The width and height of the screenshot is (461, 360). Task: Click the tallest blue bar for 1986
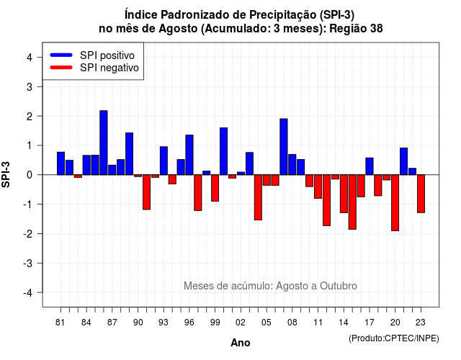pyautogui.click(x=104, y=143)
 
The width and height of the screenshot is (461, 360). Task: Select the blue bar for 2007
pyautogui.click(x=284, y=147)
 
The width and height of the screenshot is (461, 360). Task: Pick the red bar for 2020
pyautogui.click(x=395, y=203)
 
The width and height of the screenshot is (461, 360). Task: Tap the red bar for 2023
pyautogui.click(x=421, y=194)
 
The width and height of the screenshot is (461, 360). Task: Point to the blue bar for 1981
pyautogui.click(x=61, y=163)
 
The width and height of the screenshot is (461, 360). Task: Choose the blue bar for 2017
pyautogui.click(x=370, y=166)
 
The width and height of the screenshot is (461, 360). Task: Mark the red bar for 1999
pyautogui.click(x=215, y=188)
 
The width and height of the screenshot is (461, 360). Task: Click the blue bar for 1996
pyautogui.click(x=189, y=155)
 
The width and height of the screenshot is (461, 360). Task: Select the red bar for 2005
pyautogui.click(x=267, y=180)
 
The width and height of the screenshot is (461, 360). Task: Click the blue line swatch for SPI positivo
pyautogui.click(x=61, y=55)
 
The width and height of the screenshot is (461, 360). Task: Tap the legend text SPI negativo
pyautogui.click(x=109, y=68)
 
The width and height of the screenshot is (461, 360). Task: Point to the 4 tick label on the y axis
pyautogui.click(x=30, y=58)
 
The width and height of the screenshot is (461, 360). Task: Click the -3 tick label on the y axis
pyautogui.click(x=28, y=263)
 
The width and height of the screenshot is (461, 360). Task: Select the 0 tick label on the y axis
pyautogui.click(x=30, y=175)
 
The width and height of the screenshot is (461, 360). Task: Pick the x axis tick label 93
pyautogui.click(x=164, y=323)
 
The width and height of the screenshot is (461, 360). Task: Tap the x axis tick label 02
pyautogui.click(x=241, y=323)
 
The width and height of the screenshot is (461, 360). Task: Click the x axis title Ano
pyautogui.click(x=241, y=343)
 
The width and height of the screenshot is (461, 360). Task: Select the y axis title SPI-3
pyautogui.click(x=6, y=174)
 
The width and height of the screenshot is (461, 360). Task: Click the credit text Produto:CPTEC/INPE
pyautogui.click(x=394, y=338)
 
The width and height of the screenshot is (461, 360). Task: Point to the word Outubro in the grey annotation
pyautogui.click(x=339, y=286)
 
